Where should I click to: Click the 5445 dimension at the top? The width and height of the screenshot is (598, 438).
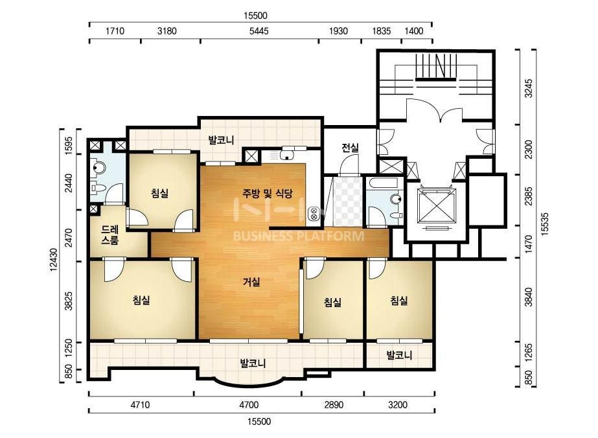(259, 31)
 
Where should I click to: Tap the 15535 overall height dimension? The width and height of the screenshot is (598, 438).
(545, 224)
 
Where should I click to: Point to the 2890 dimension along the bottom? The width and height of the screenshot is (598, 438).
(334, 404)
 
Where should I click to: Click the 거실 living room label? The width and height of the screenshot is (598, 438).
(251, 282)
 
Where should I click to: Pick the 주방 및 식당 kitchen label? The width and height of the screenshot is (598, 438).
(268, 193)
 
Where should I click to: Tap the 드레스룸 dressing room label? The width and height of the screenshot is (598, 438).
(110, 235)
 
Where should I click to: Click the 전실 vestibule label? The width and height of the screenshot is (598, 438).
(350, 148)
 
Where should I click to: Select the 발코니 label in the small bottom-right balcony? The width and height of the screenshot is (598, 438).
(399, 356)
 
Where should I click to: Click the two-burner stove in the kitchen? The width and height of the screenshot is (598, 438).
(314, 214)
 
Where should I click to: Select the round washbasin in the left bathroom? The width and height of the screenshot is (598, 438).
(98, 168)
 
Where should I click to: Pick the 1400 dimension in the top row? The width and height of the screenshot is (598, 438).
(413, 31)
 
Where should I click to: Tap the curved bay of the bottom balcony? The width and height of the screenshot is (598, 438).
(248, 382)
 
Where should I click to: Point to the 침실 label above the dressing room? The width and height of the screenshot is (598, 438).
(159, 194)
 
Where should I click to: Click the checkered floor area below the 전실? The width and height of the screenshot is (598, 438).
(349, 201)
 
